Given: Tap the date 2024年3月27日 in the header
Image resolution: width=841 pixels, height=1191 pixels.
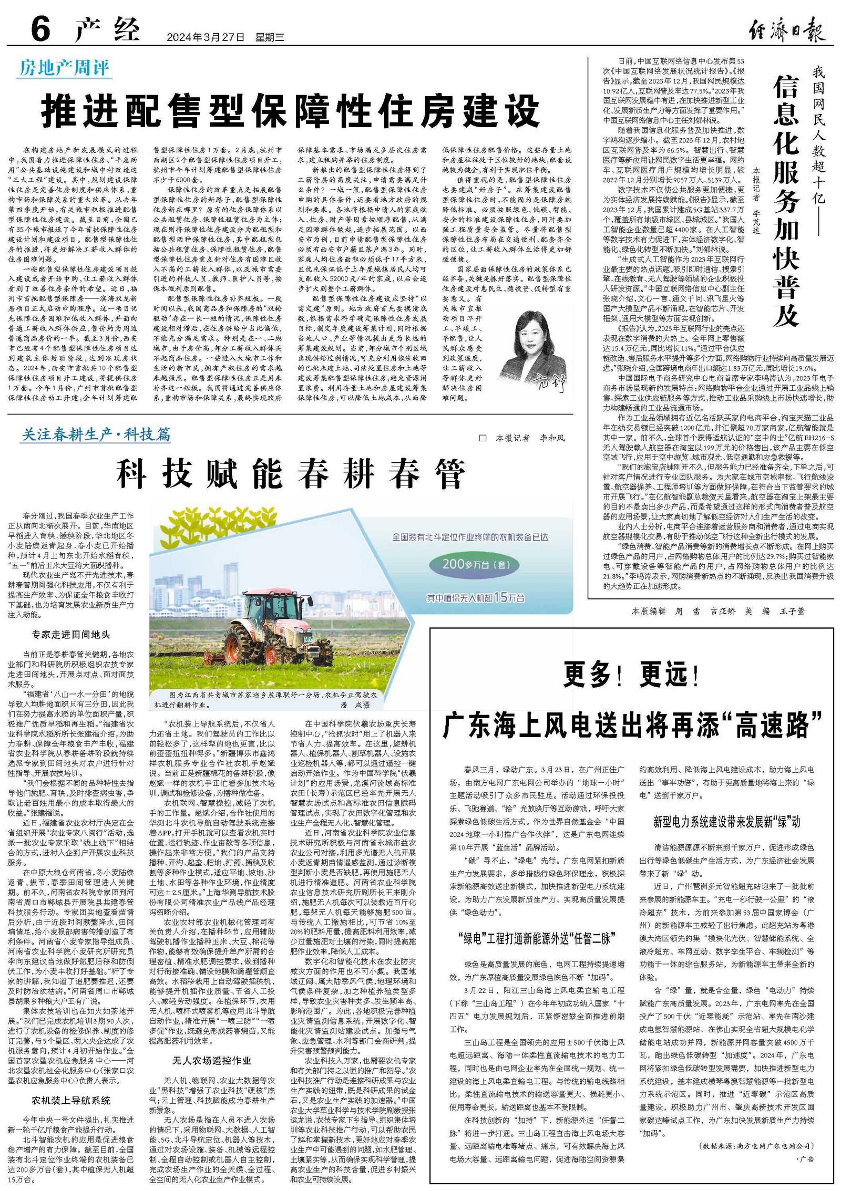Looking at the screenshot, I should (x=206, y=37).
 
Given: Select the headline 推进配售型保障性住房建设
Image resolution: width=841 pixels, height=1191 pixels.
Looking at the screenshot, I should (x=291, y=110).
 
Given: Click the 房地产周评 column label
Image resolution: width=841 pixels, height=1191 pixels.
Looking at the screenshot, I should (x=64, y=68).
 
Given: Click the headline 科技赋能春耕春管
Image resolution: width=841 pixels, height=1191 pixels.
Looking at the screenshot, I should (x=291, y=474).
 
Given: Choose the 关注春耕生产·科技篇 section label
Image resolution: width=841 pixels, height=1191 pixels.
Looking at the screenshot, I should (x=96, y=435).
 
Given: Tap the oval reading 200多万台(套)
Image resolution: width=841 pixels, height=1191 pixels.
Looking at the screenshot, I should (x=474, y=565).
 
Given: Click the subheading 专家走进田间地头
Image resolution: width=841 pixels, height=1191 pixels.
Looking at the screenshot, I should (x=70, y=635).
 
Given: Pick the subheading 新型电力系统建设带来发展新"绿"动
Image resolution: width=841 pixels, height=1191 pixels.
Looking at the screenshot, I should (x=726, y=837).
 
